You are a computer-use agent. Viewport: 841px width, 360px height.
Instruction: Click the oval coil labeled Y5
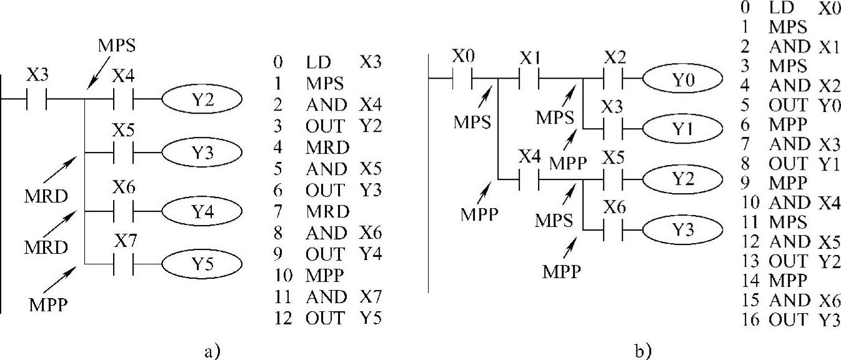coord(201,265)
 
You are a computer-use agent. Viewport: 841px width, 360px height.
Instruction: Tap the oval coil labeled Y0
coord(682,80)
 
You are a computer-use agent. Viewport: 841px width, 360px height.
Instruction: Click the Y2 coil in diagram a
coord(201,99)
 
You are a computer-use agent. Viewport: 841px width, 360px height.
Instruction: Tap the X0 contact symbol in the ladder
coord(464,79)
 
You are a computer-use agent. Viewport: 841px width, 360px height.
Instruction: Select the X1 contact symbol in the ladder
coord(529,79)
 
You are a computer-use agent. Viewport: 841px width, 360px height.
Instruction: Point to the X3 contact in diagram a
coord(36,99)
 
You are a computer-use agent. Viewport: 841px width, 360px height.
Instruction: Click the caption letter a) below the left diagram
coord(212,349)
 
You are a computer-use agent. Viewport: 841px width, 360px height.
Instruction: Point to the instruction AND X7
coord(344,297)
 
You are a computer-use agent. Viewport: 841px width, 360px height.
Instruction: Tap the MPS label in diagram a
coord(117,46)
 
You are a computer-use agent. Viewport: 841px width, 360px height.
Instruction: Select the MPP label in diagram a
coord(48,306)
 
